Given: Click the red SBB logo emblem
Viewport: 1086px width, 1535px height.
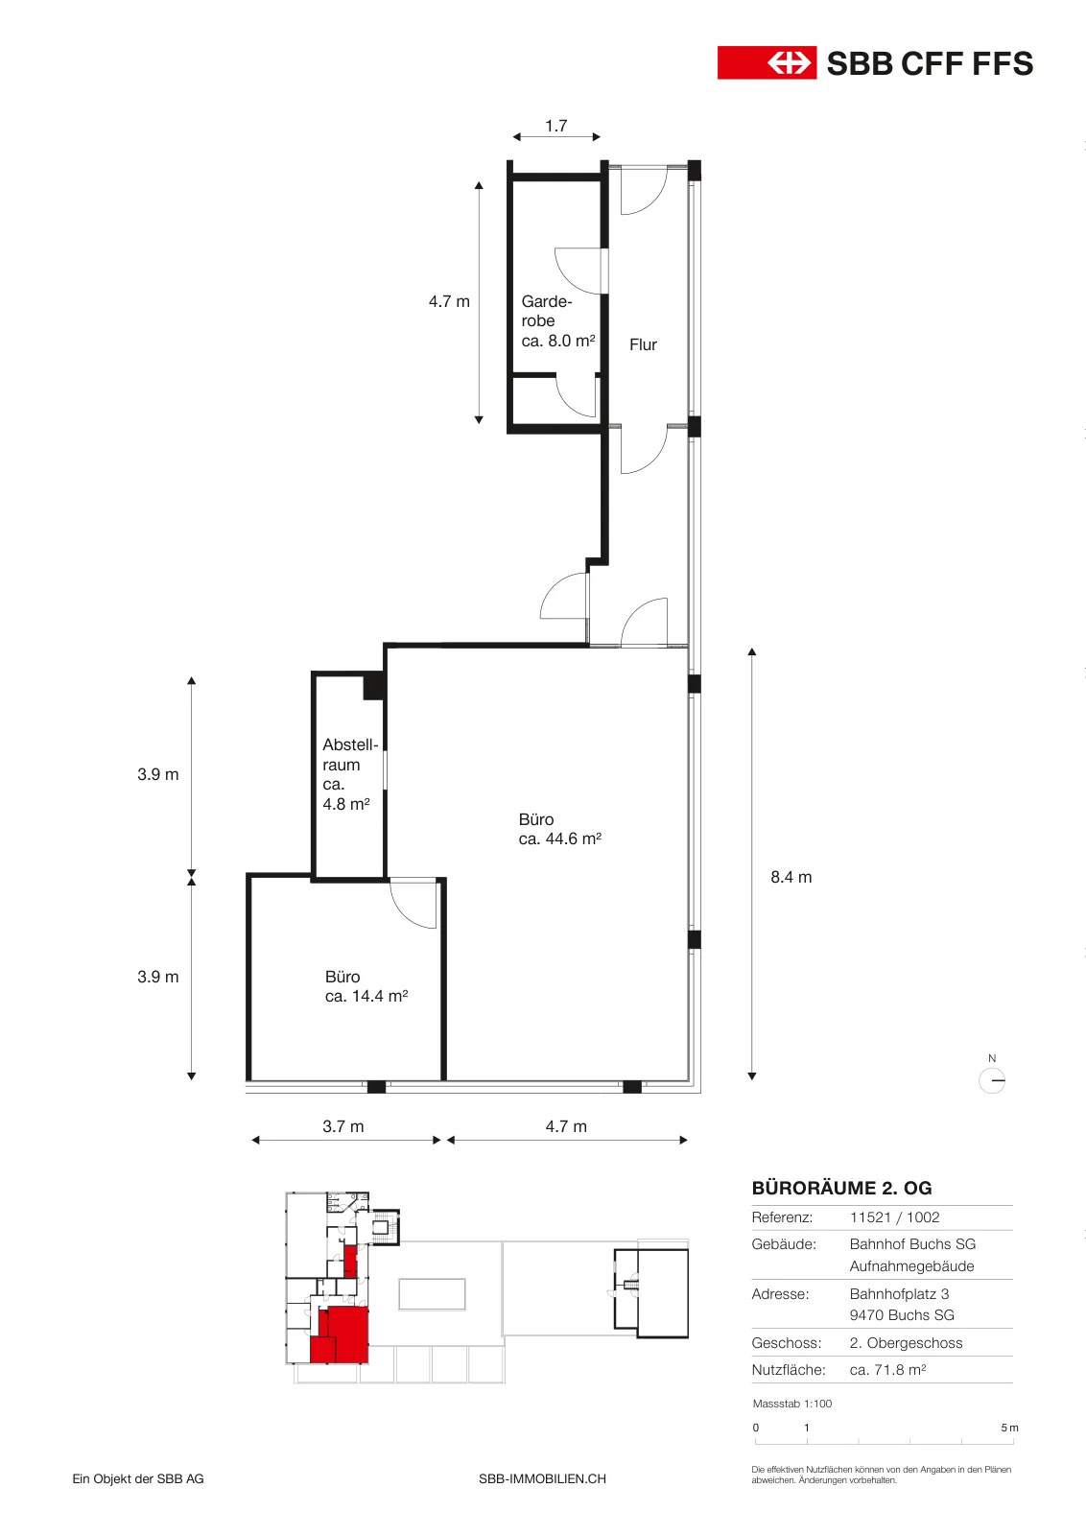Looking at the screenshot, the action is click(767, 63).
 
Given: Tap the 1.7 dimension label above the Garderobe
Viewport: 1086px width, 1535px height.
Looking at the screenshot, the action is click(555, 126).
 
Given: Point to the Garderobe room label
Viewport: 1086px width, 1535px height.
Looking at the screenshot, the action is click(557, 320).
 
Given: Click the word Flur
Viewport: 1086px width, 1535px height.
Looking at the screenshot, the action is click(643, 344).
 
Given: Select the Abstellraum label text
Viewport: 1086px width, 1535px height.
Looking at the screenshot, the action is click(350, 774).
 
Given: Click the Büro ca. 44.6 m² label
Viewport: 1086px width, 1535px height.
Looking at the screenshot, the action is click(559, 829).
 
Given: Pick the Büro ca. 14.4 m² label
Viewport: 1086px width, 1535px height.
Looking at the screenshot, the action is click(366, 987).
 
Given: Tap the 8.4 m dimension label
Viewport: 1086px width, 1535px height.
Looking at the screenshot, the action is click(791, 877).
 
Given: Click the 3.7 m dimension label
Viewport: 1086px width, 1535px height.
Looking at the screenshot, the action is click(342, 1126).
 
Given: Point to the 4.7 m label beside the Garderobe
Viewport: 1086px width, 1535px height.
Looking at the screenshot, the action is click(449, 301).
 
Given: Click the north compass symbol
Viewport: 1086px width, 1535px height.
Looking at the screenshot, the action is click(991, 1080).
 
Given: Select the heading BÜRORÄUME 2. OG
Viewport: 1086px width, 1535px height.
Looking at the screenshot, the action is click(841, 1188).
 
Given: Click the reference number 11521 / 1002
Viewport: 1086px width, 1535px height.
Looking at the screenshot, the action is click(894, 1217).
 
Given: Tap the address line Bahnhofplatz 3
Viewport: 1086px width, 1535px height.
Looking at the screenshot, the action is click(899, 1294).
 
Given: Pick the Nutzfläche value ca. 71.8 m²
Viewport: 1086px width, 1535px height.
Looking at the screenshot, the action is click(887, 1370).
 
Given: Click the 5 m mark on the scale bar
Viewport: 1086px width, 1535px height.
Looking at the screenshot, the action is click(1009, 1428).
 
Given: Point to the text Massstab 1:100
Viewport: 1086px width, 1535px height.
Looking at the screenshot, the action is click(792, 1404).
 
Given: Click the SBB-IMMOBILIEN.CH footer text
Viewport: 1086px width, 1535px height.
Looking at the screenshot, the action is click(542, 1478).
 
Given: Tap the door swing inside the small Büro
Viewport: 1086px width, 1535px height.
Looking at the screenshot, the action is click(413, 905).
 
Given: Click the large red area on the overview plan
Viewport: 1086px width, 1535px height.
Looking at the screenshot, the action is click(348, 1333).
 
